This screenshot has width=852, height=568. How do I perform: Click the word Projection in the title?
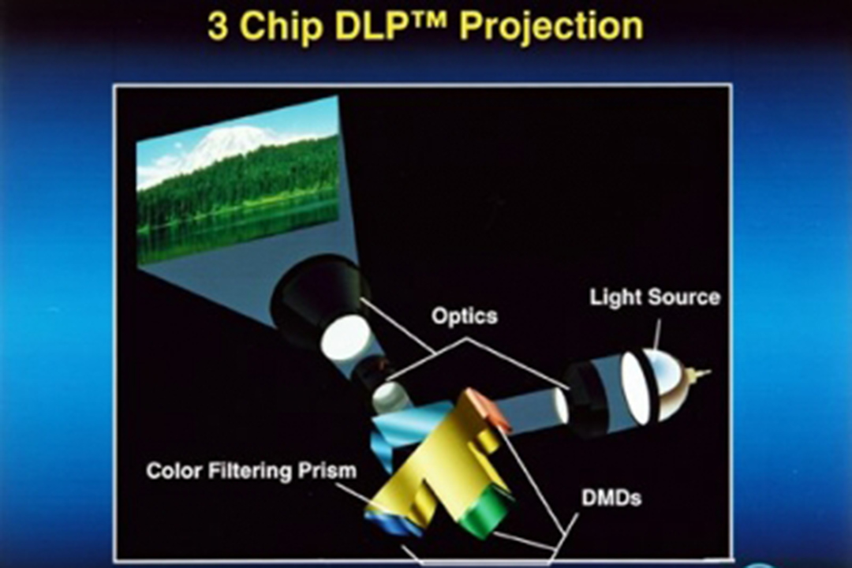click(551, 26)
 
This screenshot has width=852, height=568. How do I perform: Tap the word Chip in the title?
click(282, 26)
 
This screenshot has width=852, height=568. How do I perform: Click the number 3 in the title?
click(218, 25)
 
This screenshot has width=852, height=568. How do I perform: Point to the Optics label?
click(464, 316)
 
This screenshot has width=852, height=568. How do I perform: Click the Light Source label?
click(655, 297)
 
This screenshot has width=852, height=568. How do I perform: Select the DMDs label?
click(611, 497)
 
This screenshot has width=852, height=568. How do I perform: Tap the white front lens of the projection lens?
click(346, 337)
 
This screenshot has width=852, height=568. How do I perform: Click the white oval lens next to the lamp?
click(637, 387)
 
